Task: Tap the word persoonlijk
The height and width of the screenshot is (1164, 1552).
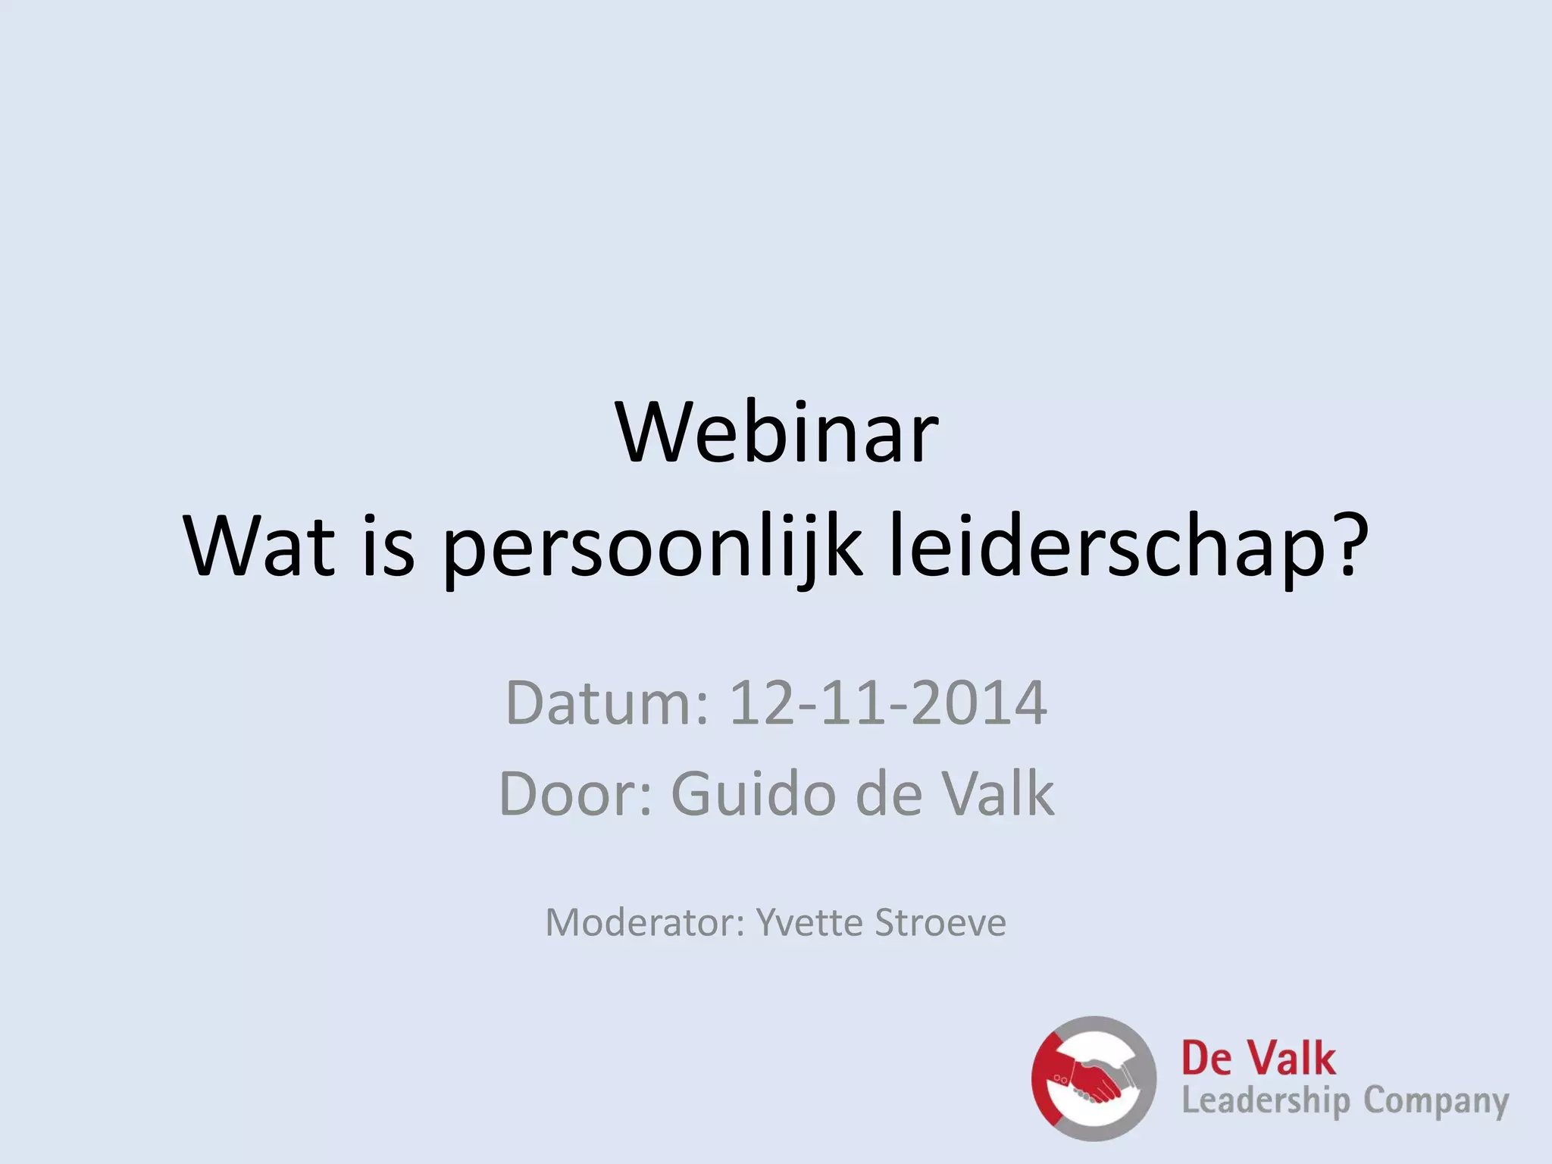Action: tap(652, 547)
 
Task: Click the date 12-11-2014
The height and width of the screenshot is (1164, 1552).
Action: tap(887, 703)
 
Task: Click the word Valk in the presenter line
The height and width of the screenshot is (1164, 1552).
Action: tap(997, 794)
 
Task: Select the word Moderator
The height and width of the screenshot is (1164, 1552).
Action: tap(645, 923)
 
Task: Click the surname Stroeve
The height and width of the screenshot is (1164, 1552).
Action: tap(940, 923)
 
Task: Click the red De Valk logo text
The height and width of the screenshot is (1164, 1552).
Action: tap(1258, 1059)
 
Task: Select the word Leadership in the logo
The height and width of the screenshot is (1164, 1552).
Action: tap(1266, 1101)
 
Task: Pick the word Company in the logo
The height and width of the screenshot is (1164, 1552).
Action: tap(1436, 1101)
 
